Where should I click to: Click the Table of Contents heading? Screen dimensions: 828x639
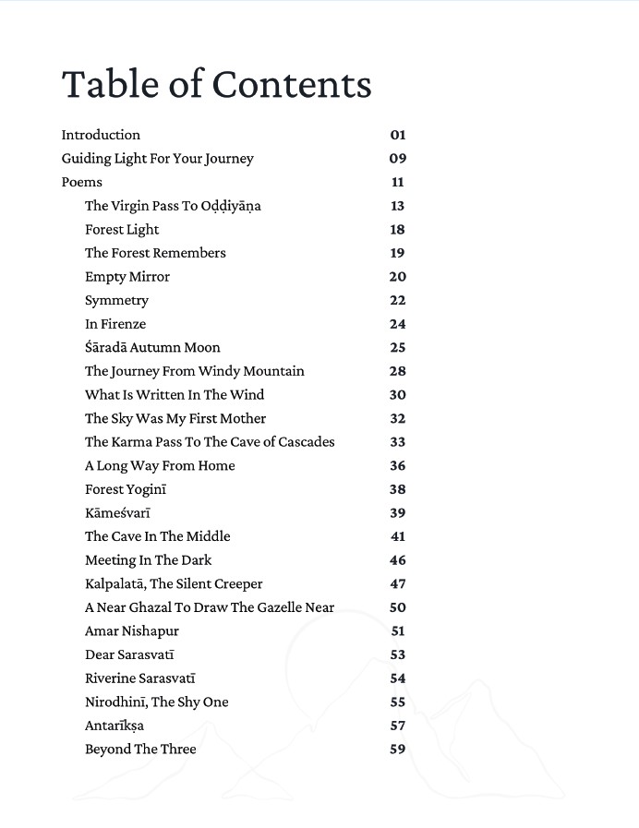216,84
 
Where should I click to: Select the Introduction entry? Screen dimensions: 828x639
101,135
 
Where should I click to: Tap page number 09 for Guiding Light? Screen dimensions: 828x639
397,159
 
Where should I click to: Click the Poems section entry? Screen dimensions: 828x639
81,182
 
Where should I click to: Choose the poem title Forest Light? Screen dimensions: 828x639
122,230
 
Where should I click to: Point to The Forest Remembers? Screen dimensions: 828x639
155,253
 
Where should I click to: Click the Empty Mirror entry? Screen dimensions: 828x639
127,277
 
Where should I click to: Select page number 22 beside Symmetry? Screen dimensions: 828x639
397,300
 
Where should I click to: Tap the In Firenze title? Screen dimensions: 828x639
115,324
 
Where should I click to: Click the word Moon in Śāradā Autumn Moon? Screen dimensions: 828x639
202,348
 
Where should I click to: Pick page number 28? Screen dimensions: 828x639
397,371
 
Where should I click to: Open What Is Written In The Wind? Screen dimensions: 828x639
175,395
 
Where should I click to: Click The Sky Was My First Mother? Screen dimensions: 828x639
175,418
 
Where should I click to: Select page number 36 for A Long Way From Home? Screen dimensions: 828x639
397,466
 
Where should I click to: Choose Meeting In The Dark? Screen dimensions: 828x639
148,560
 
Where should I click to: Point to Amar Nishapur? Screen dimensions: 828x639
132,631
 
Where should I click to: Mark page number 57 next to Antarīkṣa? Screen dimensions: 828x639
397,726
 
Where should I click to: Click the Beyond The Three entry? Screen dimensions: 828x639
140,750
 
